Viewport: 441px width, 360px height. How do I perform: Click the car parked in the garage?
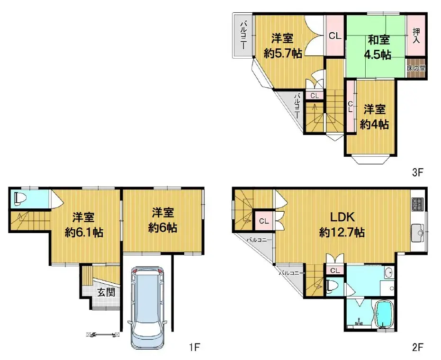click(x=148, y=308)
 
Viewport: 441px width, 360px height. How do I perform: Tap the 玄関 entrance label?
click(x=106, y=292)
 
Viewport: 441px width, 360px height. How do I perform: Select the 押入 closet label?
click(x=416, y=36)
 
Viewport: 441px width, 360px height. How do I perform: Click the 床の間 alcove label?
click(x=416, y=68)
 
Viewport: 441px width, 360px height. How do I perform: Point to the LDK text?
click(x=342, y=217)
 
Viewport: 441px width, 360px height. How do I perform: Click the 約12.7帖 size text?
click(x=342, y=233)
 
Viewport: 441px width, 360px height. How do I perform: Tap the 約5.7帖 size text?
click(x=283, y=54)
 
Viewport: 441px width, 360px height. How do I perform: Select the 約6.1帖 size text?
click(x=84, y=233)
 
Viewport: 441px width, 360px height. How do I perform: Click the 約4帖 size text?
click(x=374, y=125)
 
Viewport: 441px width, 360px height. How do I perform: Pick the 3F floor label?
click(x=417, y=173)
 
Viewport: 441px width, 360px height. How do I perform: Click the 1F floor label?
click(x=195, y=348)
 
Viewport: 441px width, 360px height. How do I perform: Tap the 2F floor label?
click(x=417, y=348)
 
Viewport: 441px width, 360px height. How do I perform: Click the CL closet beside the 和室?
click(x=335, y=36)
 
